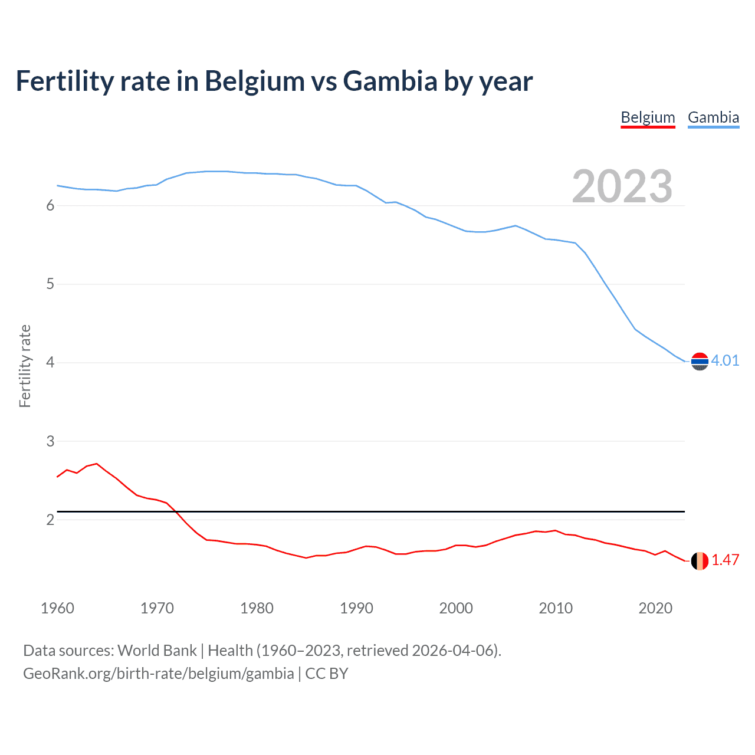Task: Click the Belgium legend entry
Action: tap(648, 117)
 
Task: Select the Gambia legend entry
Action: tap(713, 117)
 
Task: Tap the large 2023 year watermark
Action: tap(622, 186)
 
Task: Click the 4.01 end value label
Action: tap(725, 360)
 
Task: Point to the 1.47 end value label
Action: tap(725, 560)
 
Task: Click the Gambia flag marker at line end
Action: tap(700, 361)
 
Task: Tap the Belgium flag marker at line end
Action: tap(700, 560)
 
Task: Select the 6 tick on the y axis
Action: tap(50, 205)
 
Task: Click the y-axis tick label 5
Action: tap(50, 284)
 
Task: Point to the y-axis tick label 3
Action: tap(50, 441)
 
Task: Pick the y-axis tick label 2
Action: tap(50, 520)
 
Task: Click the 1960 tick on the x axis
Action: tap(57, 608)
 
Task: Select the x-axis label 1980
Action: tap(257, 608)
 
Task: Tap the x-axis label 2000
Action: tap(456, 608)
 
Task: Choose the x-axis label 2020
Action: tap(655, 608)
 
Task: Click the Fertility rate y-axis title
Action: tap(25, 366)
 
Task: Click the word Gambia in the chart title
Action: tap(390, 81)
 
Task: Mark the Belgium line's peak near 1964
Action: tap(97, 464)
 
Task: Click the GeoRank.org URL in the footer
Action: tap(158, 673)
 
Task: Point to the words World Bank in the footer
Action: tap(157, 651)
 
